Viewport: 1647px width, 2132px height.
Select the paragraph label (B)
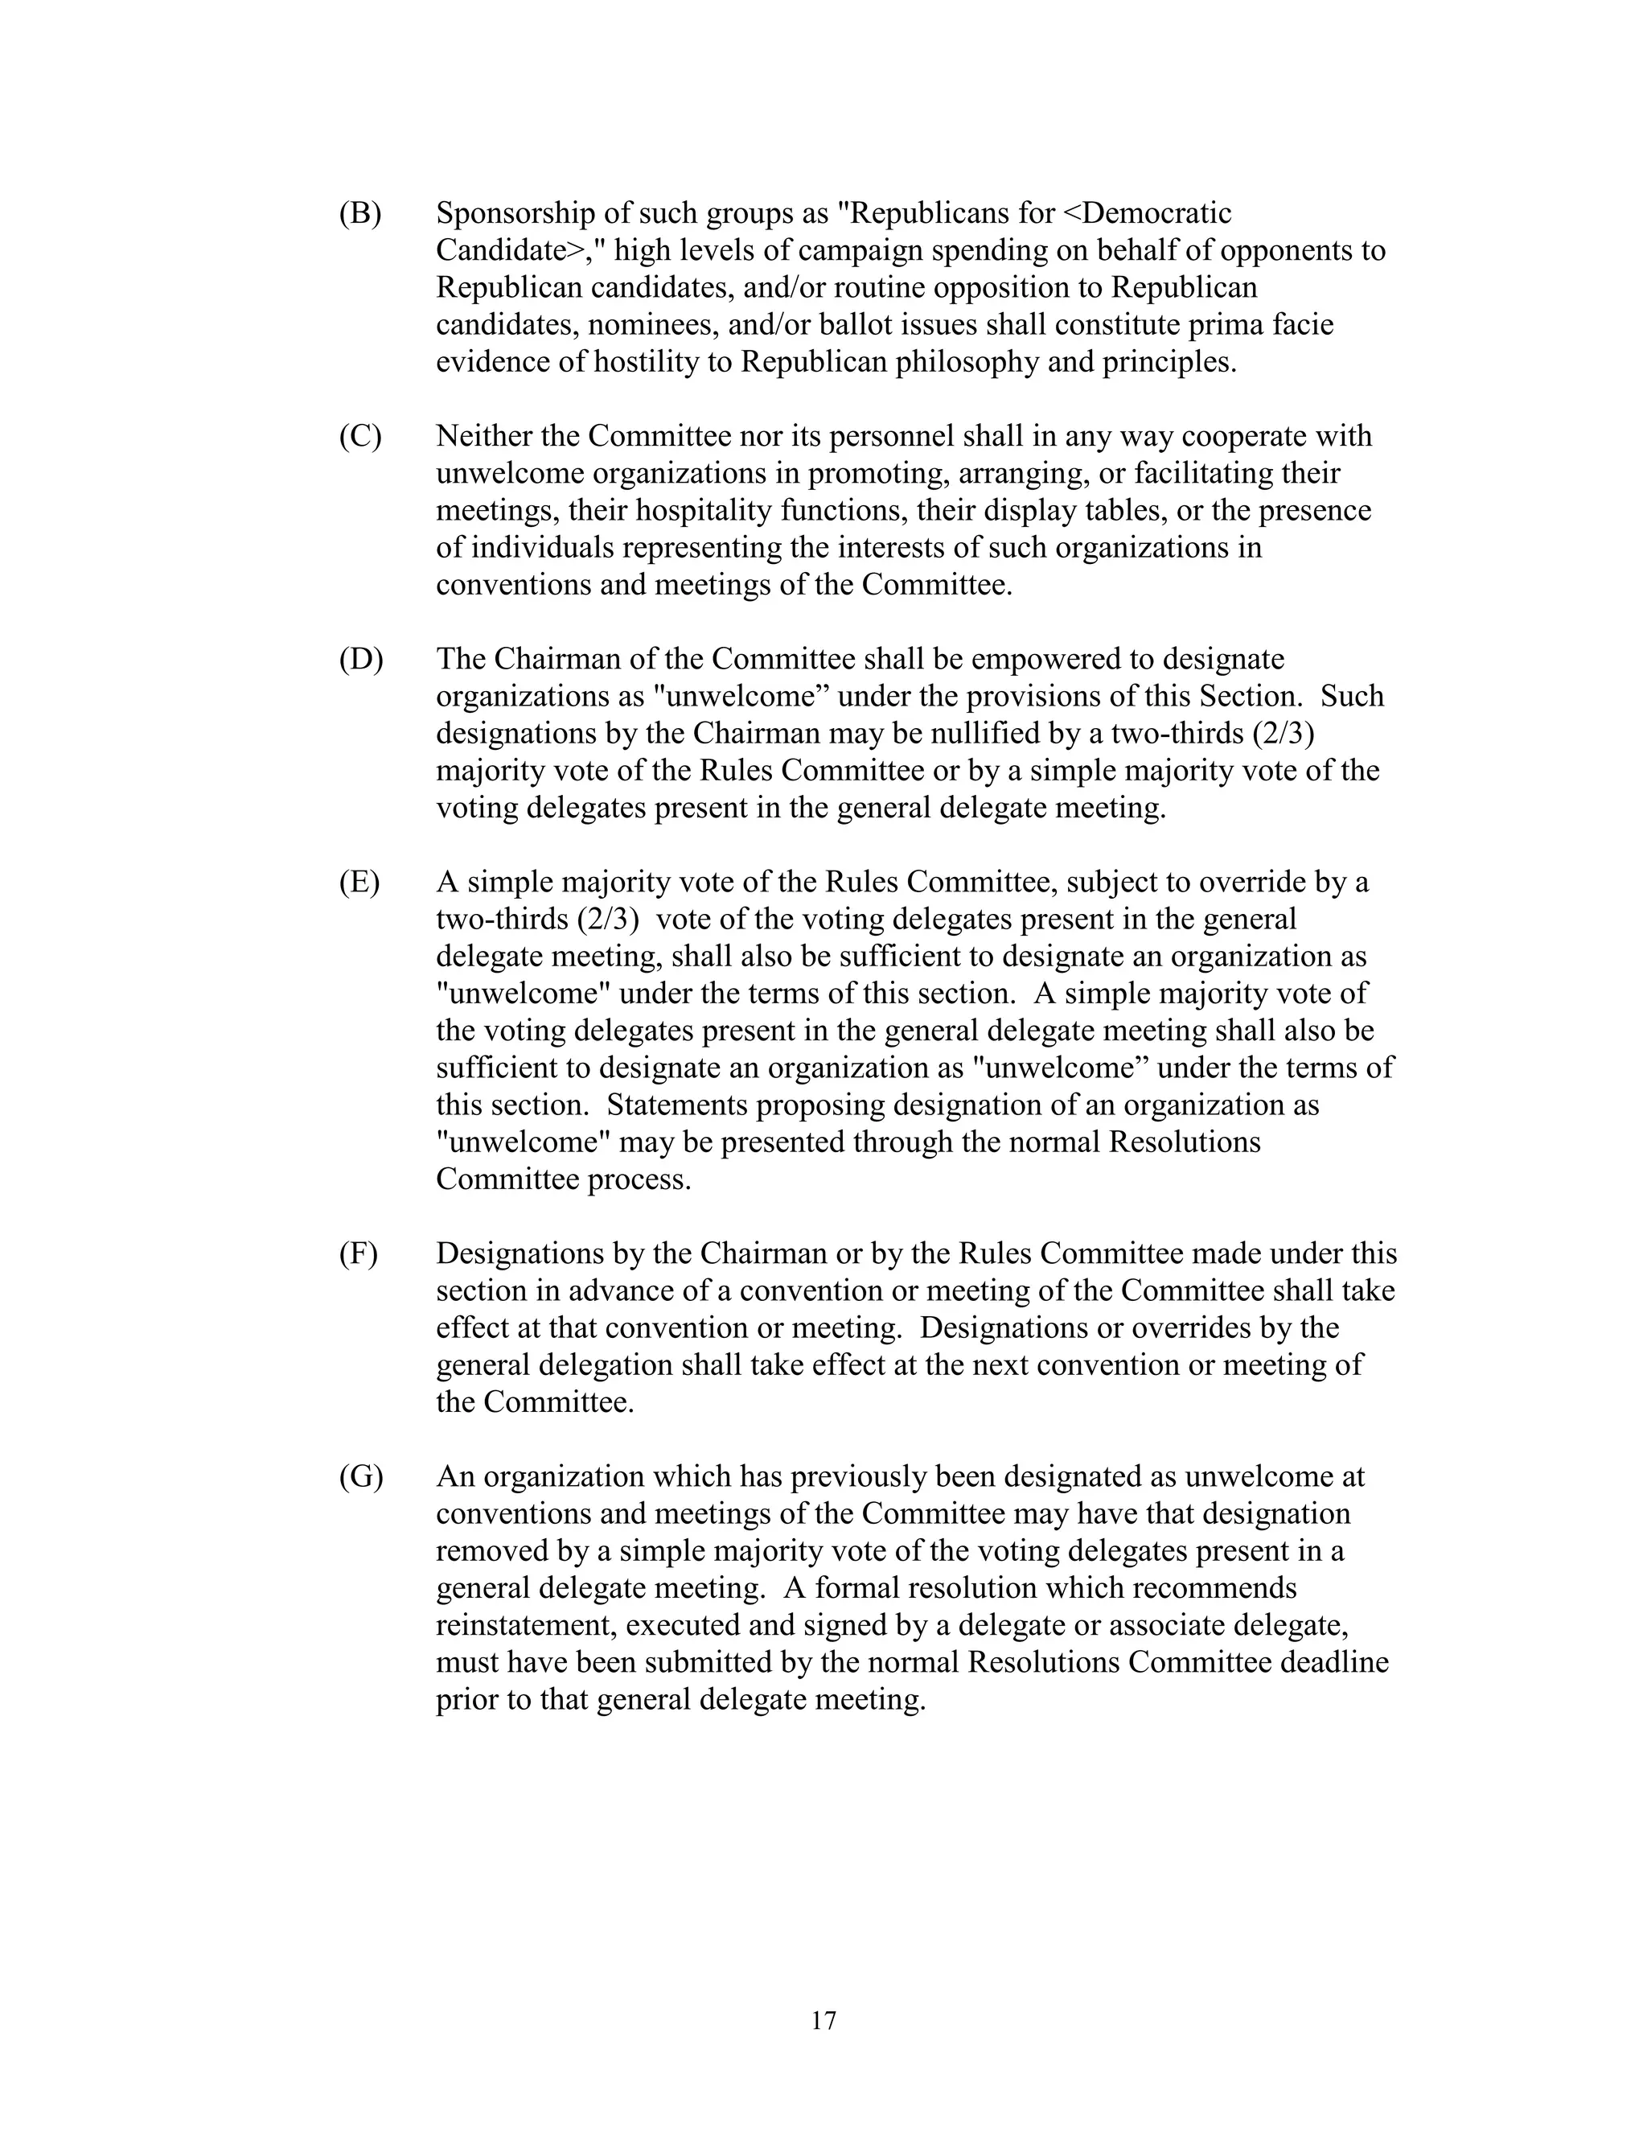click(x=360, y=213)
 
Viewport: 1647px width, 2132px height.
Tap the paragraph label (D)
click(x=361, y=659)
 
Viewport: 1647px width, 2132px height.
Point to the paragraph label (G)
click(x=361, y=1477)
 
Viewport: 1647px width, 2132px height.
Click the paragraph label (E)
click(x=359, y=883)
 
